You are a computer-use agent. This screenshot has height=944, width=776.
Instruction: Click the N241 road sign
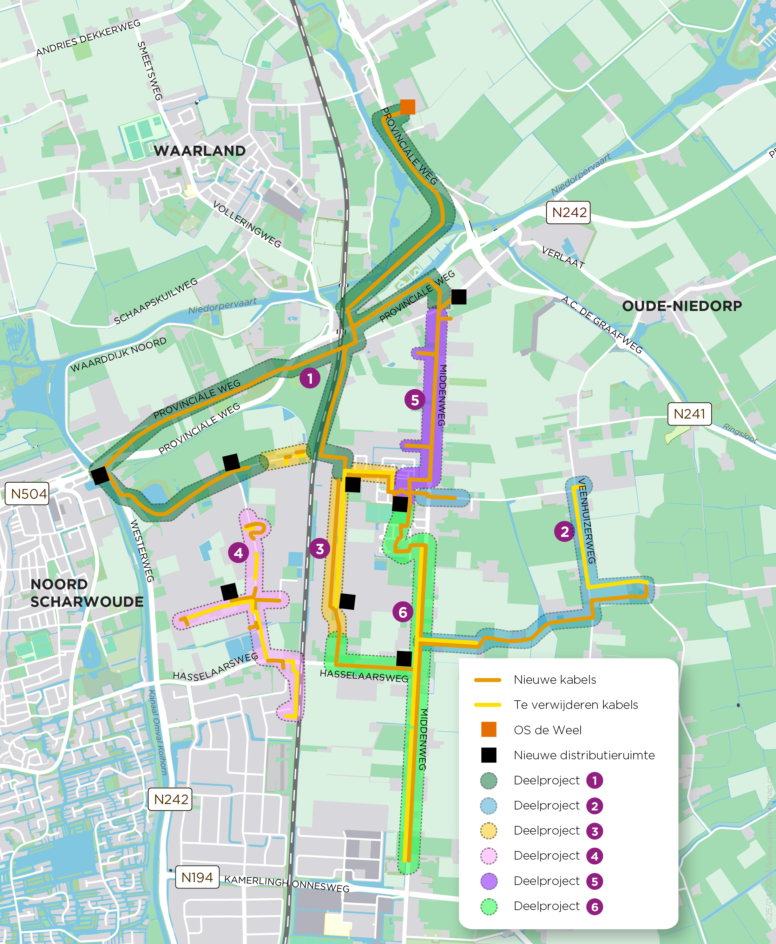click(689, 414)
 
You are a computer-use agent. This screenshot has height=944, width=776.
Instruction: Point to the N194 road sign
click(197, 877)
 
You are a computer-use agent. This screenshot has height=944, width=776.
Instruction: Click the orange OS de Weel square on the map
click(407, 107)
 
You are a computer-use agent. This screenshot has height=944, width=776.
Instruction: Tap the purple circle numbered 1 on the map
click(310, 379)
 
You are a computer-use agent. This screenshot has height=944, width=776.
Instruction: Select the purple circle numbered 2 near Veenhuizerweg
click(564, 531)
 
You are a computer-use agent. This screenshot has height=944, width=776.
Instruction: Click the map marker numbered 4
click(238, 553)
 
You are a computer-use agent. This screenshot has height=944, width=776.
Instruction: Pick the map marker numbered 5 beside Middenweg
click(414, 400)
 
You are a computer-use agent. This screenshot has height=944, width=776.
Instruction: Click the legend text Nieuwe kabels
click(555, 680)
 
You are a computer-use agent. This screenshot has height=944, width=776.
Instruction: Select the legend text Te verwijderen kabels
click(576, 705)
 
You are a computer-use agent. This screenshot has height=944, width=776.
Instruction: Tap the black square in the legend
click(489, 755)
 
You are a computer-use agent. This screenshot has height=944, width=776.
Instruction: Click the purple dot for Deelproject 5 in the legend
click(489, 881)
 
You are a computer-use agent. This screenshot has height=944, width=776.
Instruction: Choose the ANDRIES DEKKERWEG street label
click(88, 38)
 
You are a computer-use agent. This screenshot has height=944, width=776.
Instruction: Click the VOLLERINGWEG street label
click(247, 224)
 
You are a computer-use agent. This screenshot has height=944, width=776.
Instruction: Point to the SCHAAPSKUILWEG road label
click(155, 301)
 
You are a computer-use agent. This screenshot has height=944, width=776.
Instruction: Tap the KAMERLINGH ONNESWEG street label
click(286, 884)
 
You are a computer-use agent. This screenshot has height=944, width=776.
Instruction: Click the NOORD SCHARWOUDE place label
click(86, 593)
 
